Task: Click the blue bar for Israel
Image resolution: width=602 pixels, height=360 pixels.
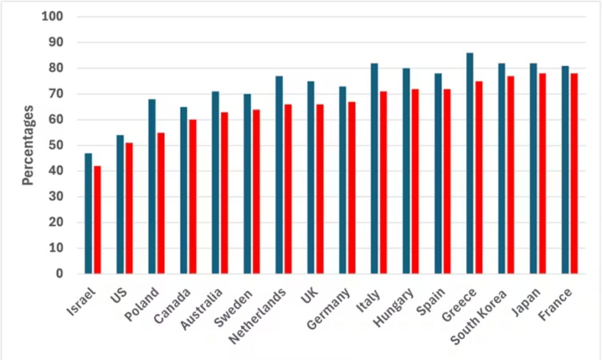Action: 89,213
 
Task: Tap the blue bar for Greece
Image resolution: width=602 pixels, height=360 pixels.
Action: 469,163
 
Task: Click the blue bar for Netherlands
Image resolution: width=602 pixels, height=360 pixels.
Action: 279,174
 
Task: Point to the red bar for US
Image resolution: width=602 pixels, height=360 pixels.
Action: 129,208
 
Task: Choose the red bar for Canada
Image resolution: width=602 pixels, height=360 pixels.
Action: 193,197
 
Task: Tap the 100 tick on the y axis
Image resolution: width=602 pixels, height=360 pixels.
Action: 52,17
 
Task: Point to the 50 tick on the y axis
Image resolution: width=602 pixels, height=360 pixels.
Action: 55,145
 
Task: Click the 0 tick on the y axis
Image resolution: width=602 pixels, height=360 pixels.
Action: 59,274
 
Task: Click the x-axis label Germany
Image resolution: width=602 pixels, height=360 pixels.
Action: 329,309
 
